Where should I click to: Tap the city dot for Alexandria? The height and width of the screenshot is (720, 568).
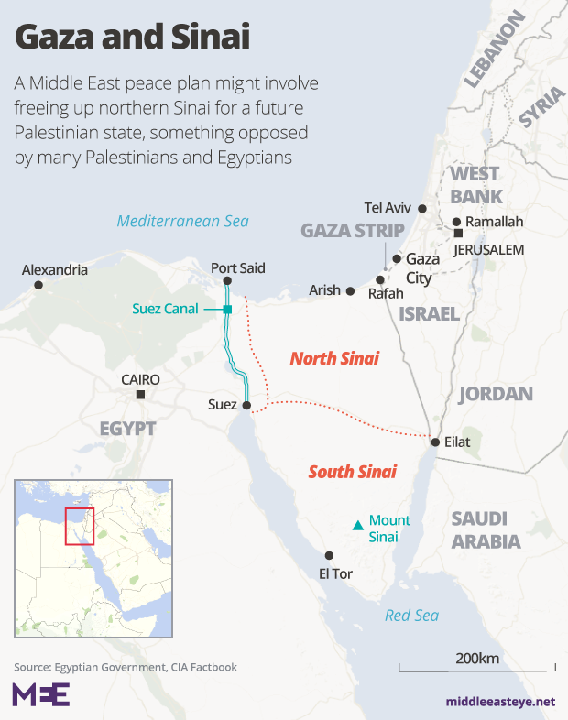[x=38, y=286]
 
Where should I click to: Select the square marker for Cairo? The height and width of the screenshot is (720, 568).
[x=140, y=395]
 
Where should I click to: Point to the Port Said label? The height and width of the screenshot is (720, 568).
[x=238, y=268]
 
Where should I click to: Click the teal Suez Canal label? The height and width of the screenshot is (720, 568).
[x=165, y=309]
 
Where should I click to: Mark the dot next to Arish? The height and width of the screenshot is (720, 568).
[x=349, y=290]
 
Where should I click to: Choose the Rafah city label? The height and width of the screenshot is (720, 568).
[x=385, y=295]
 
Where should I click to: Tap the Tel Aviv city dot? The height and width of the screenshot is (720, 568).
[x=422, y=208]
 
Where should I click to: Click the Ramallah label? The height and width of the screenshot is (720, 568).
[x=494, y=222]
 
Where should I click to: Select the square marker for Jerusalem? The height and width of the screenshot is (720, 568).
[x=458, y=234]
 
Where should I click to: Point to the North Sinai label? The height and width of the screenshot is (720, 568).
[x=334, y=358]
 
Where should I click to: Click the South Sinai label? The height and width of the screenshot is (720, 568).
[x=352, y=472]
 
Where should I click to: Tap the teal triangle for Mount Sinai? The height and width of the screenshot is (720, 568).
[x=357, y=526]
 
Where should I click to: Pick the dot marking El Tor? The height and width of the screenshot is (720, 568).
[x=329, y=555]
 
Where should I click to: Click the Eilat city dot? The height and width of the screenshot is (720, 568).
[x=434, y=442]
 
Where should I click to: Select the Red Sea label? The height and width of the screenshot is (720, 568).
[x=411, y=616]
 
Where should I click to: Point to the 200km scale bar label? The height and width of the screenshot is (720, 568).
[x=476, y=659]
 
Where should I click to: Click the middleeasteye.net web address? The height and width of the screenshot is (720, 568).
[x=501, y=702]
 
